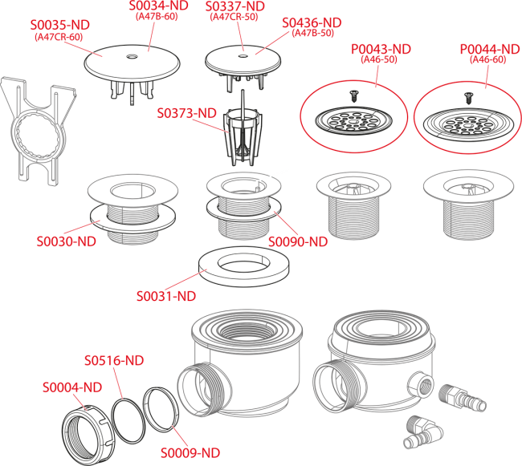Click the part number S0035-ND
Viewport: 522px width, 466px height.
[x=60, y=25]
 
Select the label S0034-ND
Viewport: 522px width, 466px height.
[x=158, y=6]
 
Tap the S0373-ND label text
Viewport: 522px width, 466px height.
[x=187, y=113]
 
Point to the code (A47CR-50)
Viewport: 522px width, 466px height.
[x=234, y=17]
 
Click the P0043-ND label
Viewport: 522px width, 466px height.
[x=381, y=49]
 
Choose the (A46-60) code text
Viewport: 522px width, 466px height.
[x=487, y=59]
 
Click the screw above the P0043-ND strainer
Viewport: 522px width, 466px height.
[x=353, y=96]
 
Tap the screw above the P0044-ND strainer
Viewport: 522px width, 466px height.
[x=468, y=99]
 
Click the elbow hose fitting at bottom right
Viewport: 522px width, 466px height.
[x=422, y=432]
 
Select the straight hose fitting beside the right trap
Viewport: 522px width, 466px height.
[x=463, y=397]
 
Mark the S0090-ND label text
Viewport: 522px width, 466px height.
[x=298, y=241]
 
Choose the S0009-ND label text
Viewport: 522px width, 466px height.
[x=190, y=452]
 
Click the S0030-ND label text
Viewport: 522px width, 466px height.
[x=66, y=241]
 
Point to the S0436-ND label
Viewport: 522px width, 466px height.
[x=312, y=22]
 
